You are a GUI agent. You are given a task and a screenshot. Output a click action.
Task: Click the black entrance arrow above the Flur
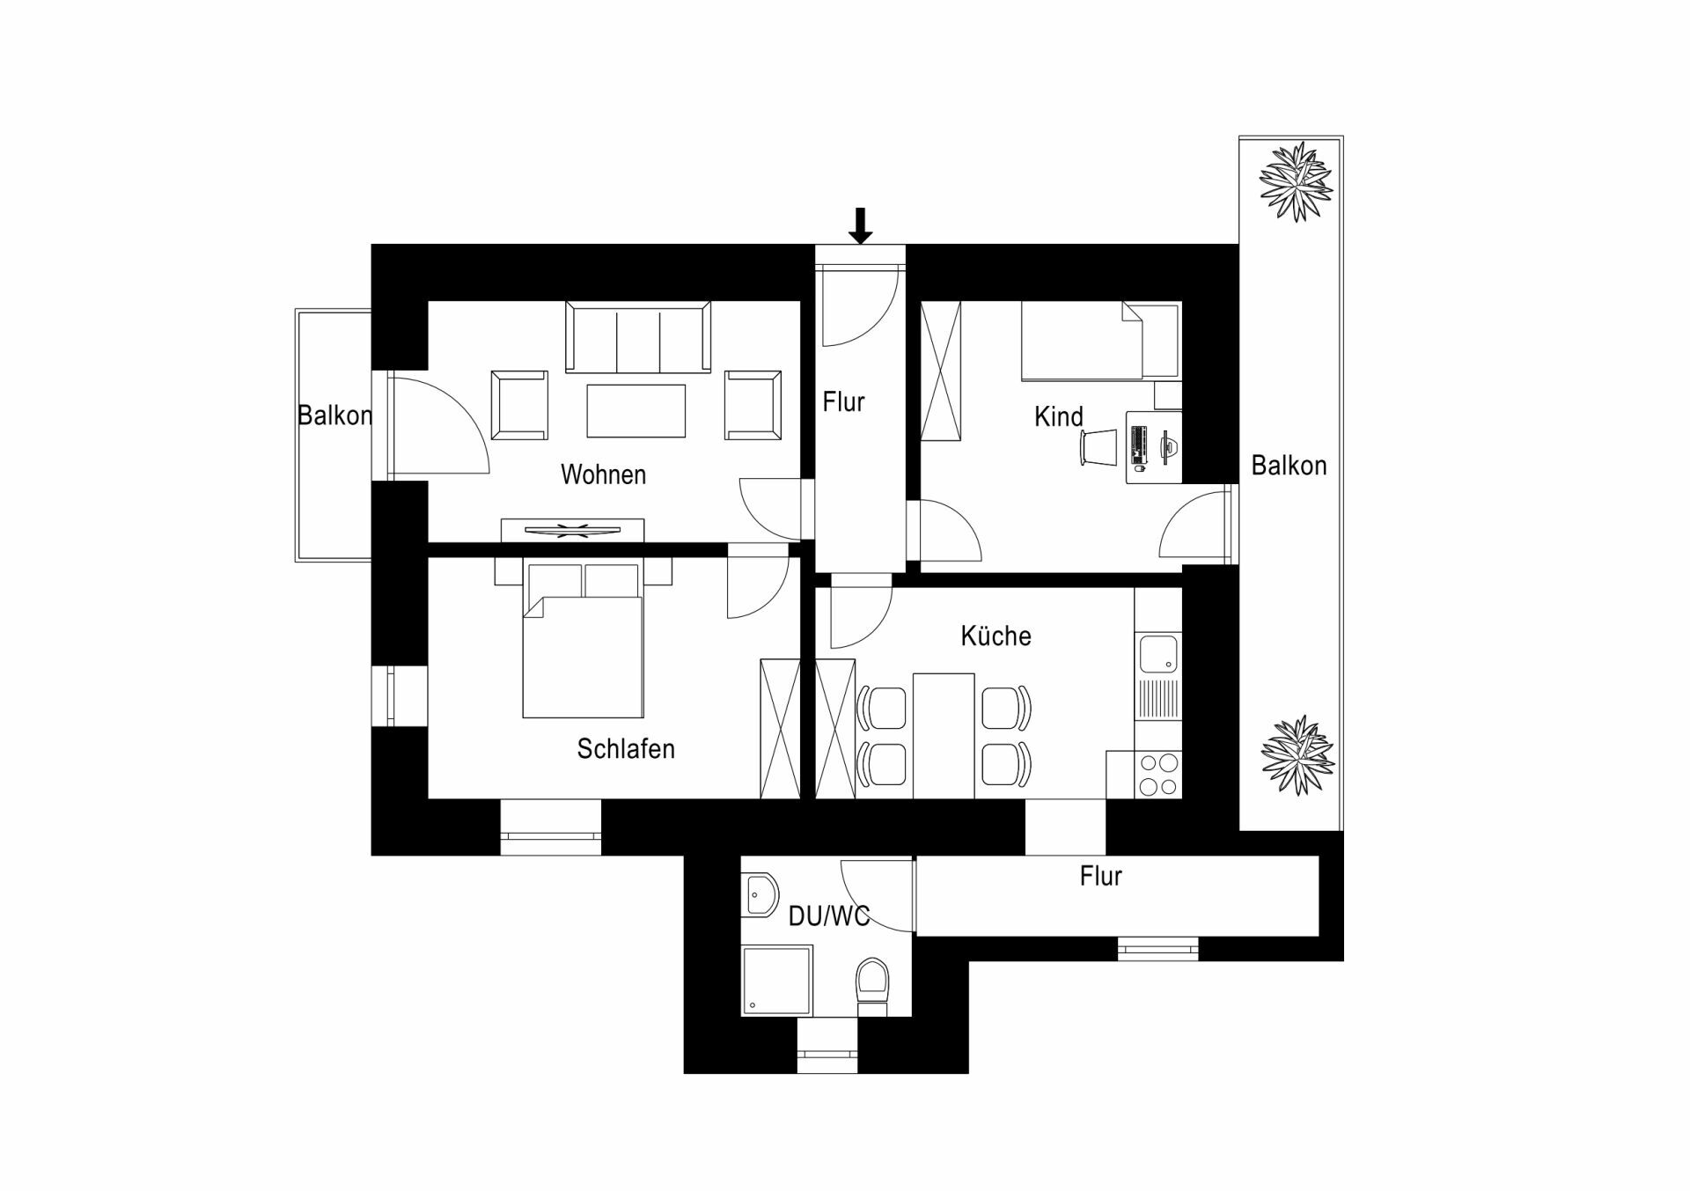[x=861, y=225]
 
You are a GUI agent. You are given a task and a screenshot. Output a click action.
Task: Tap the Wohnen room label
[x=603, y=474]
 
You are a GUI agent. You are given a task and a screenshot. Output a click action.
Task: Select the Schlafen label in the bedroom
[x=626, y=748]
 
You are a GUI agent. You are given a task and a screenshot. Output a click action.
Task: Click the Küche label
[x=996, y=636]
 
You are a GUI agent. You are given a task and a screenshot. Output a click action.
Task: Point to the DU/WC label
[x=829, y=916]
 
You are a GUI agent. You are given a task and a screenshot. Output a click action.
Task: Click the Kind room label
[x=1058, y=416]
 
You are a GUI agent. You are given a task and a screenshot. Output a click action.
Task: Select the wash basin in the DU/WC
[x=760, y=896]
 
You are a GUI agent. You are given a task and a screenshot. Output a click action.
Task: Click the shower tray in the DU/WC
[x=776, y=981]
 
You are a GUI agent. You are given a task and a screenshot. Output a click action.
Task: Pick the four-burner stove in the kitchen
[x=1158, y=775]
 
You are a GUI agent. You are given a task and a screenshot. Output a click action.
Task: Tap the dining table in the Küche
[x=944, y=736]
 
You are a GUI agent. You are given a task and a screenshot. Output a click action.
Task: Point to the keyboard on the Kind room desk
[x=1136, y=445]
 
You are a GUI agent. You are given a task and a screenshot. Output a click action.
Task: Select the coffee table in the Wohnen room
[x=636, y=410]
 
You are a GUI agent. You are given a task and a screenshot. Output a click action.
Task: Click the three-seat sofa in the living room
[x=638, y=338]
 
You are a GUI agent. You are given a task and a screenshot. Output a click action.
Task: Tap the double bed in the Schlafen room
[x=583, y=639]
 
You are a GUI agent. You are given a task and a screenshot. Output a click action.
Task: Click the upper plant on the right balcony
[x=1296, y=182]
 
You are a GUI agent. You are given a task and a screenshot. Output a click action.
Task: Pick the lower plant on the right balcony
[x=1297, y=755]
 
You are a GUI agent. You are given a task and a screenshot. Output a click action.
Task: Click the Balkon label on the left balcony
[x=334, y=415]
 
